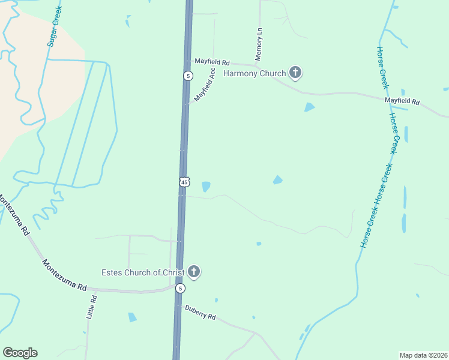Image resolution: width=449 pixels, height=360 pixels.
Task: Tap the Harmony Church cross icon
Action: coord(295,73)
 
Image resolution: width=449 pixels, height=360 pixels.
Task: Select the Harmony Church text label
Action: coord(255,74)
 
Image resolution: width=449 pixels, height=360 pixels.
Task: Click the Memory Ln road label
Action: coord(259,43)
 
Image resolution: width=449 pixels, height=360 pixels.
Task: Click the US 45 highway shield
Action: coord(184,181)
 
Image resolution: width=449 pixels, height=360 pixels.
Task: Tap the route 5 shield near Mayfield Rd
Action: coord(188,76)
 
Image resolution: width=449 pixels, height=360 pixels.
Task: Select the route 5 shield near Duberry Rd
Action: coord(180,289)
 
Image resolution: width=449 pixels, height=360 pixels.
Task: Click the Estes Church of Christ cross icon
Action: coord(193,272)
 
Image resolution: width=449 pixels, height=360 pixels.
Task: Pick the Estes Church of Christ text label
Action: coord(142,273)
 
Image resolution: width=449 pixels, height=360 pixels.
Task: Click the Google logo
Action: coord(20,353)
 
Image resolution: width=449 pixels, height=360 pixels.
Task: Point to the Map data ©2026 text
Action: coord(423,355)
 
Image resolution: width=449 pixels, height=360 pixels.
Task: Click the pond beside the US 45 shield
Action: coord(206,187)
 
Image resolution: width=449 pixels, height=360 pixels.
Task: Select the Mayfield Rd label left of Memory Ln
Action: coord(212,62)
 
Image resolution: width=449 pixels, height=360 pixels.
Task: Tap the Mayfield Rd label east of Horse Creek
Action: coord(402,102)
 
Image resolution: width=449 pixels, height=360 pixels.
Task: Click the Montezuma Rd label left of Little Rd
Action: coord(64,275)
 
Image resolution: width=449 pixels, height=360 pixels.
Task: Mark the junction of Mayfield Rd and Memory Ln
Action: coord(260,64)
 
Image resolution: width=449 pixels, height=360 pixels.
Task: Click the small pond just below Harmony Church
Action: coord(309,107)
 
